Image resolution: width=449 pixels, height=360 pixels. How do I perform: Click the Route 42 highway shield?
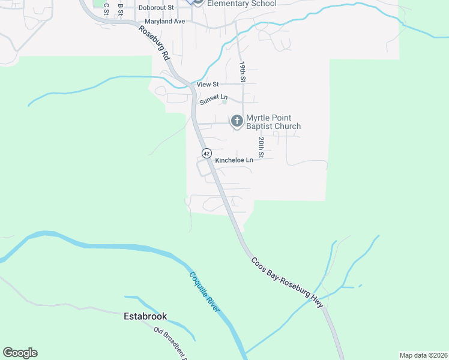[206, 153]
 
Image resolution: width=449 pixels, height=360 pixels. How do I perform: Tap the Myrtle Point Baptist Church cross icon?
[237, 122]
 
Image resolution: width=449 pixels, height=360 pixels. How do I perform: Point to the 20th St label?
[261, 148]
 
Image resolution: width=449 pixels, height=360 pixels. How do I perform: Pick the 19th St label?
[243, 71]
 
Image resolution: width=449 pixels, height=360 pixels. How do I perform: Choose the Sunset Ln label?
[214, 97]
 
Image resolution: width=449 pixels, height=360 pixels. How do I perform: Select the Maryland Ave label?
[161, 21]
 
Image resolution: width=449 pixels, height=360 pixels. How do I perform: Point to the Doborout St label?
[155, 8]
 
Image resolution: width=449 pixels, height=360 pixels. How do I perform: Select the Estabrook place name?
[145, 316]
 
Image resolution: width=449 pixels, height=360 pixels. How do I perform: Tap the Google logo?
[20, 353]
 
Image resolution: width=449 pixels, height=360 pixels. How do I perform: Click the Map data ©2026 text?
[424, 355]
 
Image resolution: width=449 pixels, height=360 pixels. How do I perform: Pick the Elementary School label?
[241, 4]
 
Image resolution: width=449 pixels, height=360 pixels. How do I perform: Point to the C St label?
[106, 8]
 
